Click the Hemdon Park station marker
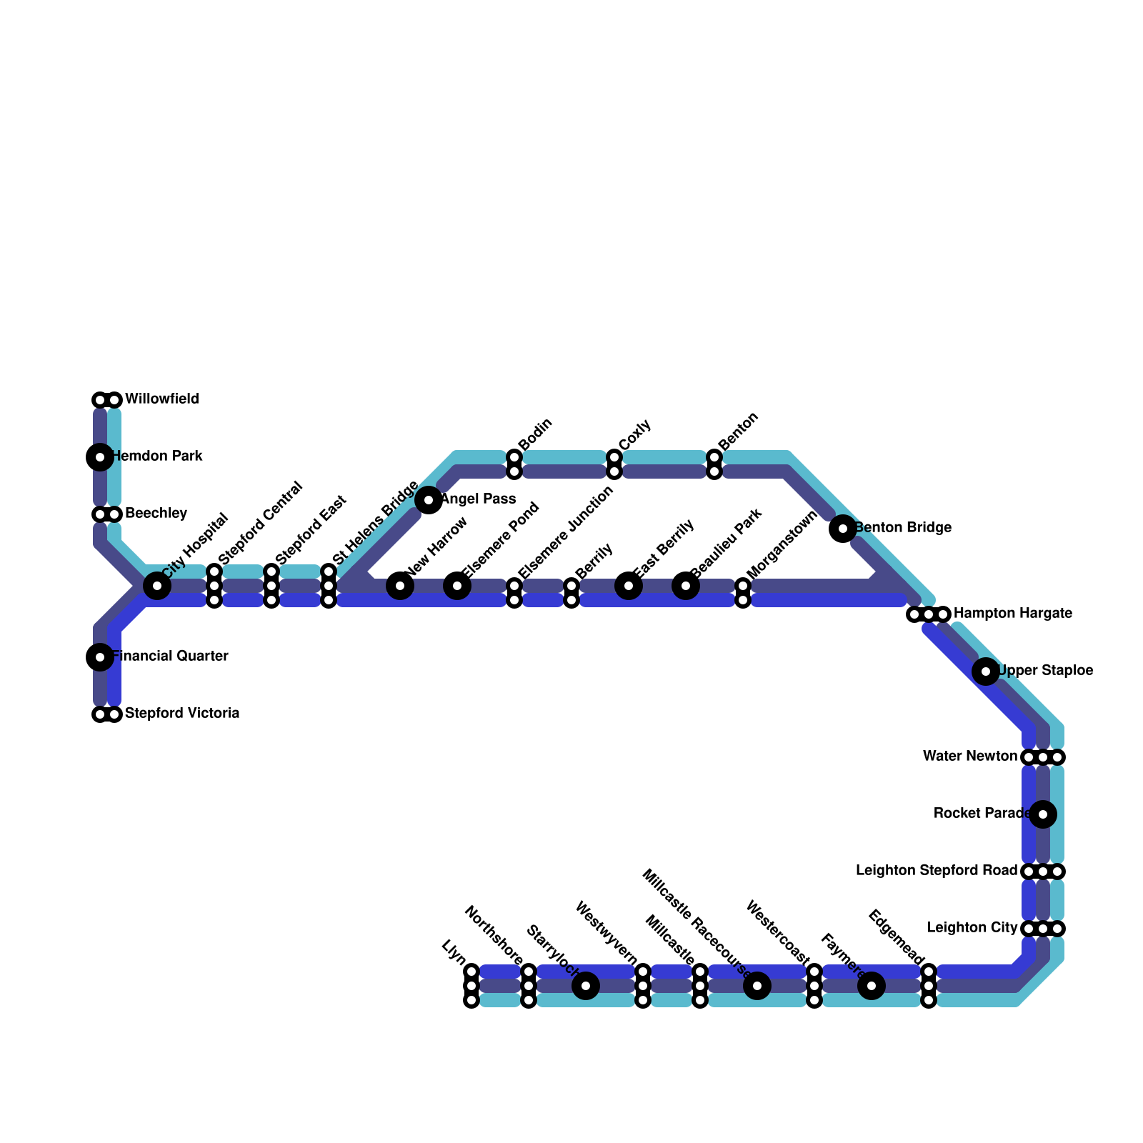[x=100, y=456]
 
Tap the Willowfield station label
[x=161, y=399]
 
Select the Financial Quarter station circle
[x=100, y=657]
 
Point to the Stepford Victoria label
[x=181, y=714]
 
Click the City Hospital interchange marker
[x=157, y=586]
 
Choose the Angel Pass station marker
[x=429, y=500]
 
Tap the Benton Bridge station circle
[x=843, y=529]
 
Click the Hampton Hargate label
[x=1012, y=614]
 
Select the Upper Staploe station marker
[x=986, y=671]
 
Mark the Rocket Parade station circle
[x=1043, y=814]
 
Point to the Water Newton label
[x=969, y=757]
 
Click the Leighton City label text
[x=972, y=928]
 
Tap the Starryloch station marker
[x=586, y=986]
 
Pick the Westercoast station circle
[x=757, y=986]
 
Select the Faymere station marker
[x=872, y=986]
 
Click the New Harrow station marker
[x=400, y=586]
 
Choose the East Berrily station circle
[x=629, y=586]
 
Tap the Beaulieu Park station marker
[x=686, y=586]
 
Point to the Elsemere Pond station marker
[x=457, y=586]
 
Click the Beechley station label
[x=156, y=514]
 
